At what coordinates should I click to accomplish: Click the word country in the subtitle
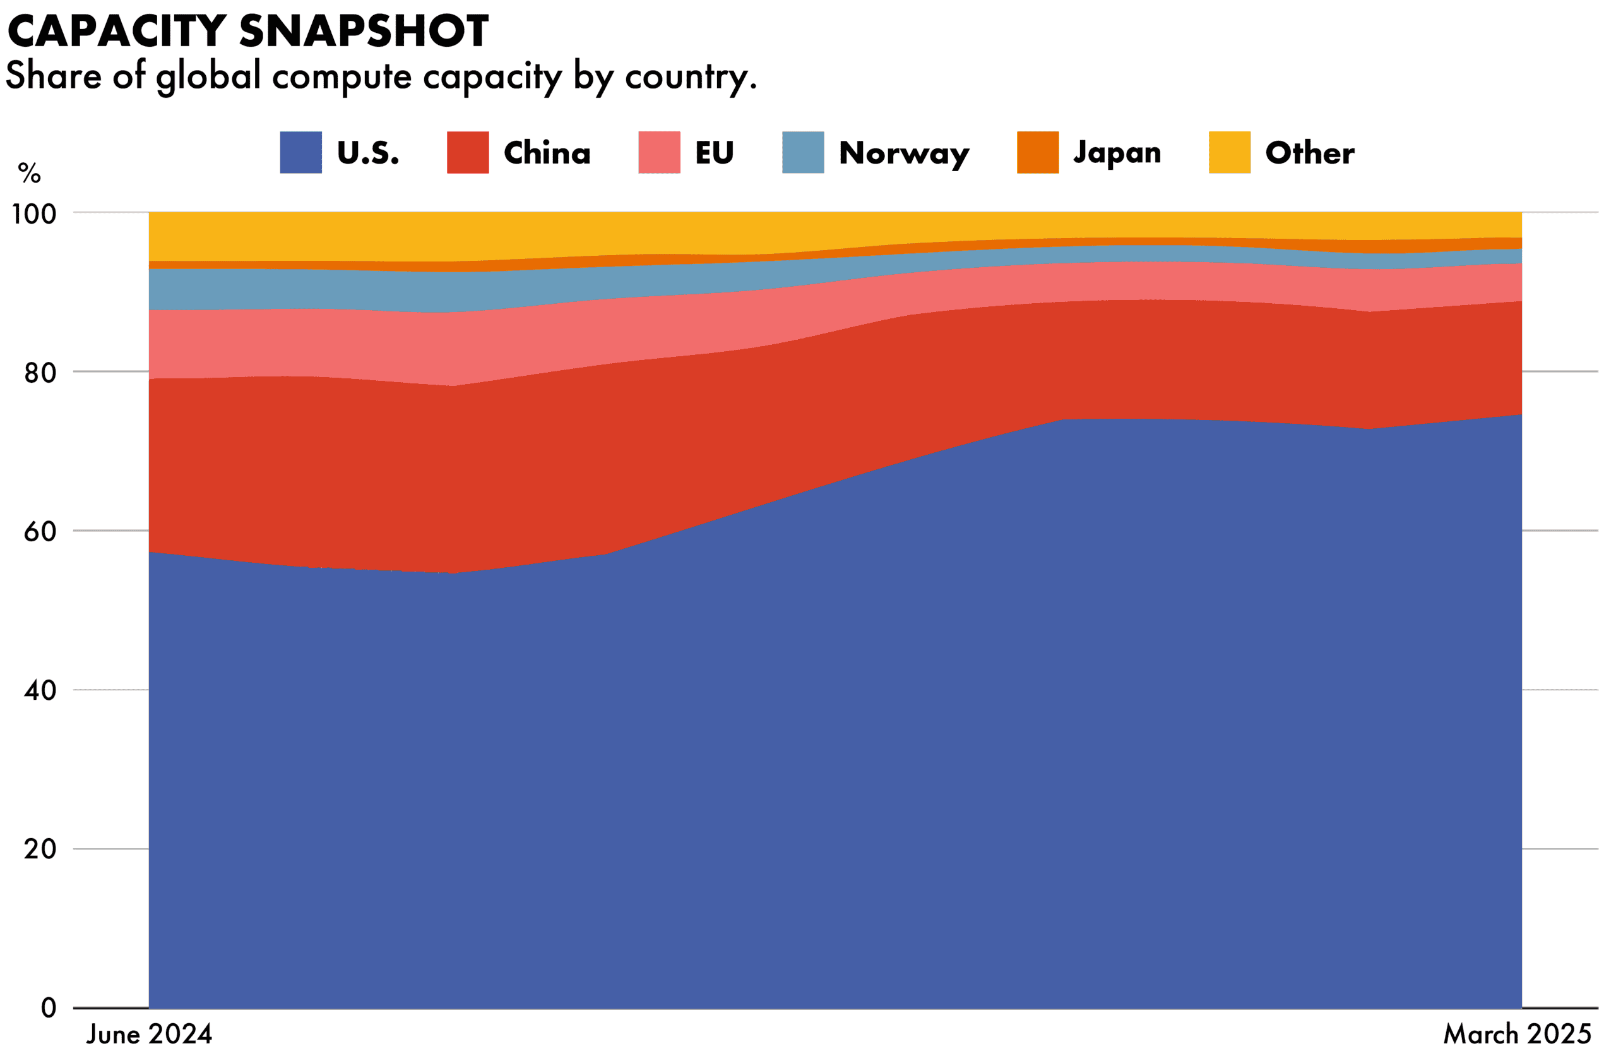[689, 76]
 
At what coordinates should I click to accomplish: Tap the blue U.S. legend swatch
[301, 152]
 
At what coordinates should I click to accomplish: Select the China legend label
[547, 153]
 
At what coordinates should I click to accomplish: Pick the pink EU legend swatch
[658, 152]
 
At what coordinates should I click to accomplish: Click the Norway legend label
[904, 153]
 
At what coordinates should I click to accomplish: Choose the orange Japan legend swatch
[1037, 152]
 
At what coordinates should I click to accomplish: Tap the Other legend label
[1309, 153]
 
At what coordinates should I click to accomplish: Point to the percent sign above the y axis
[29, 173]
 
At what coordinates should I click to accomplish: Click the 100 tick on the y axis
[34, 214]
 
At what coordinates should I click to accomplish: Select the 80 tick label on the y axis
[40, 372]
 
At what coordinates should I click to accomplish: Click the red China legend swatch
[468, 152]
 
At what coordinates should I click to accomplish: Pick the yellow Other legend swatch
[1229, 152]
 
